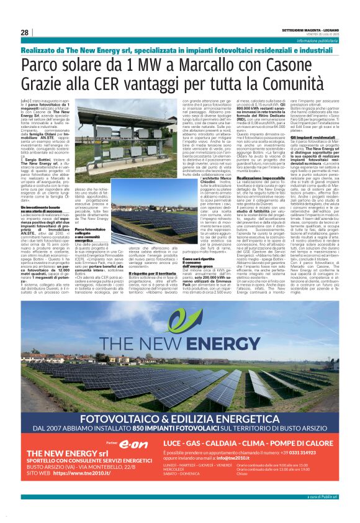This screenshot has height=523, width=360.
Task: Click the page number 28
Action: tap(24, 33)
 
